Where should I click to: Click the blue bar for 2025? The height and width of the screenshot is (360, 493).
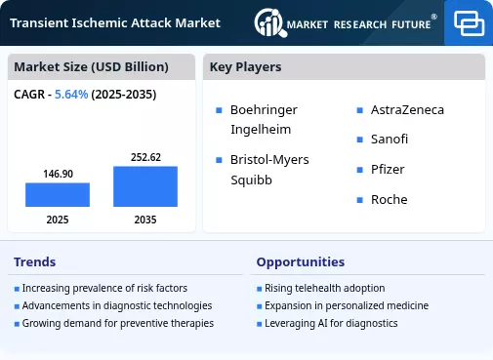coord(58,194)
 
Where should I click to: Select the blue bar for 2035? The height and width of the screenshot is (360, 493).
coord(145,186)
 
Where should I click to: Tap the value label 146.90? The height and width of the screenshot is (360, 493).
coord(59,174)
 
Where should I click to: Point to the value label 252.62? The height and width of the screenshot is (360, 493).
coord(145,157)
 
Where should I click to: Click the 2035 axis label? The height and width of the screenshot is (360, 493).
coord(145,220)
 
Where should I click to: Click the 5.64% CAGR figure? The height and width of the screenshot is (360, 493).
coord(71,95)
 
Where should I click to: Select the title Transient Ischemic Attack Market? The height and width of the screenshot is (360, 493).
coord(115,23)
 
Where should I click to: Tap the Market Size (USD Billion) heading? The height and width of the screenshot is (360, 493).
coord(91,67)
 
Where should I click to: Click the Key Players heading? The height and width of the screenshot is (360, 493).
coord(245,67)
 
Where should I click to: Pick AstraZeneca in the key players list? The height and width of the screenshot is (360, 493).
coord(407,110)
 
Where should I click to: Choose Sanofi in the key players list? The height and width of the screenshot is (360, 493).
coord(390,140)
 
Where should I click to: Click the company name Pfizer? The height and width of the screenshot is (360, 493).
coord(388,169)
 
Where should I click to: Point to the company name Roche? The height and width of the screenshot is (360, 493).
coord(390,199)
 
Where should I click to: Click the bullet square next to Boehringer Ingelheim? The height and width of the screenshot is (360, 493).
coord(219,110)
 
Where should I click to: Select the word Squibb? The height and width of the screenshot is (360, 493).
coord(251,180)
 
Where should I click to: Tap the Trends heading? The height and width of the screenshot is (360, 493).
coord(35,262)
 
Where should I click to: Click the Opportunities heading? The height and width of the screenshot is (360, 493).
coord(301,262)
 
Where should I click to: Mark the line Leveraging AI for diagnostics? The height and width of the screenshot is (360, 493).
coord(331,324)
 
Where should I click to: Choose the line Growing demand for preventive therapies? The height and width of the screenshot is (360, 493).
coord(118,324)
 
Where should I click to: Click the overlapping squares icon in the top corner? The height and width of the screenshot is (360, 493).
coord(469,23)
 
